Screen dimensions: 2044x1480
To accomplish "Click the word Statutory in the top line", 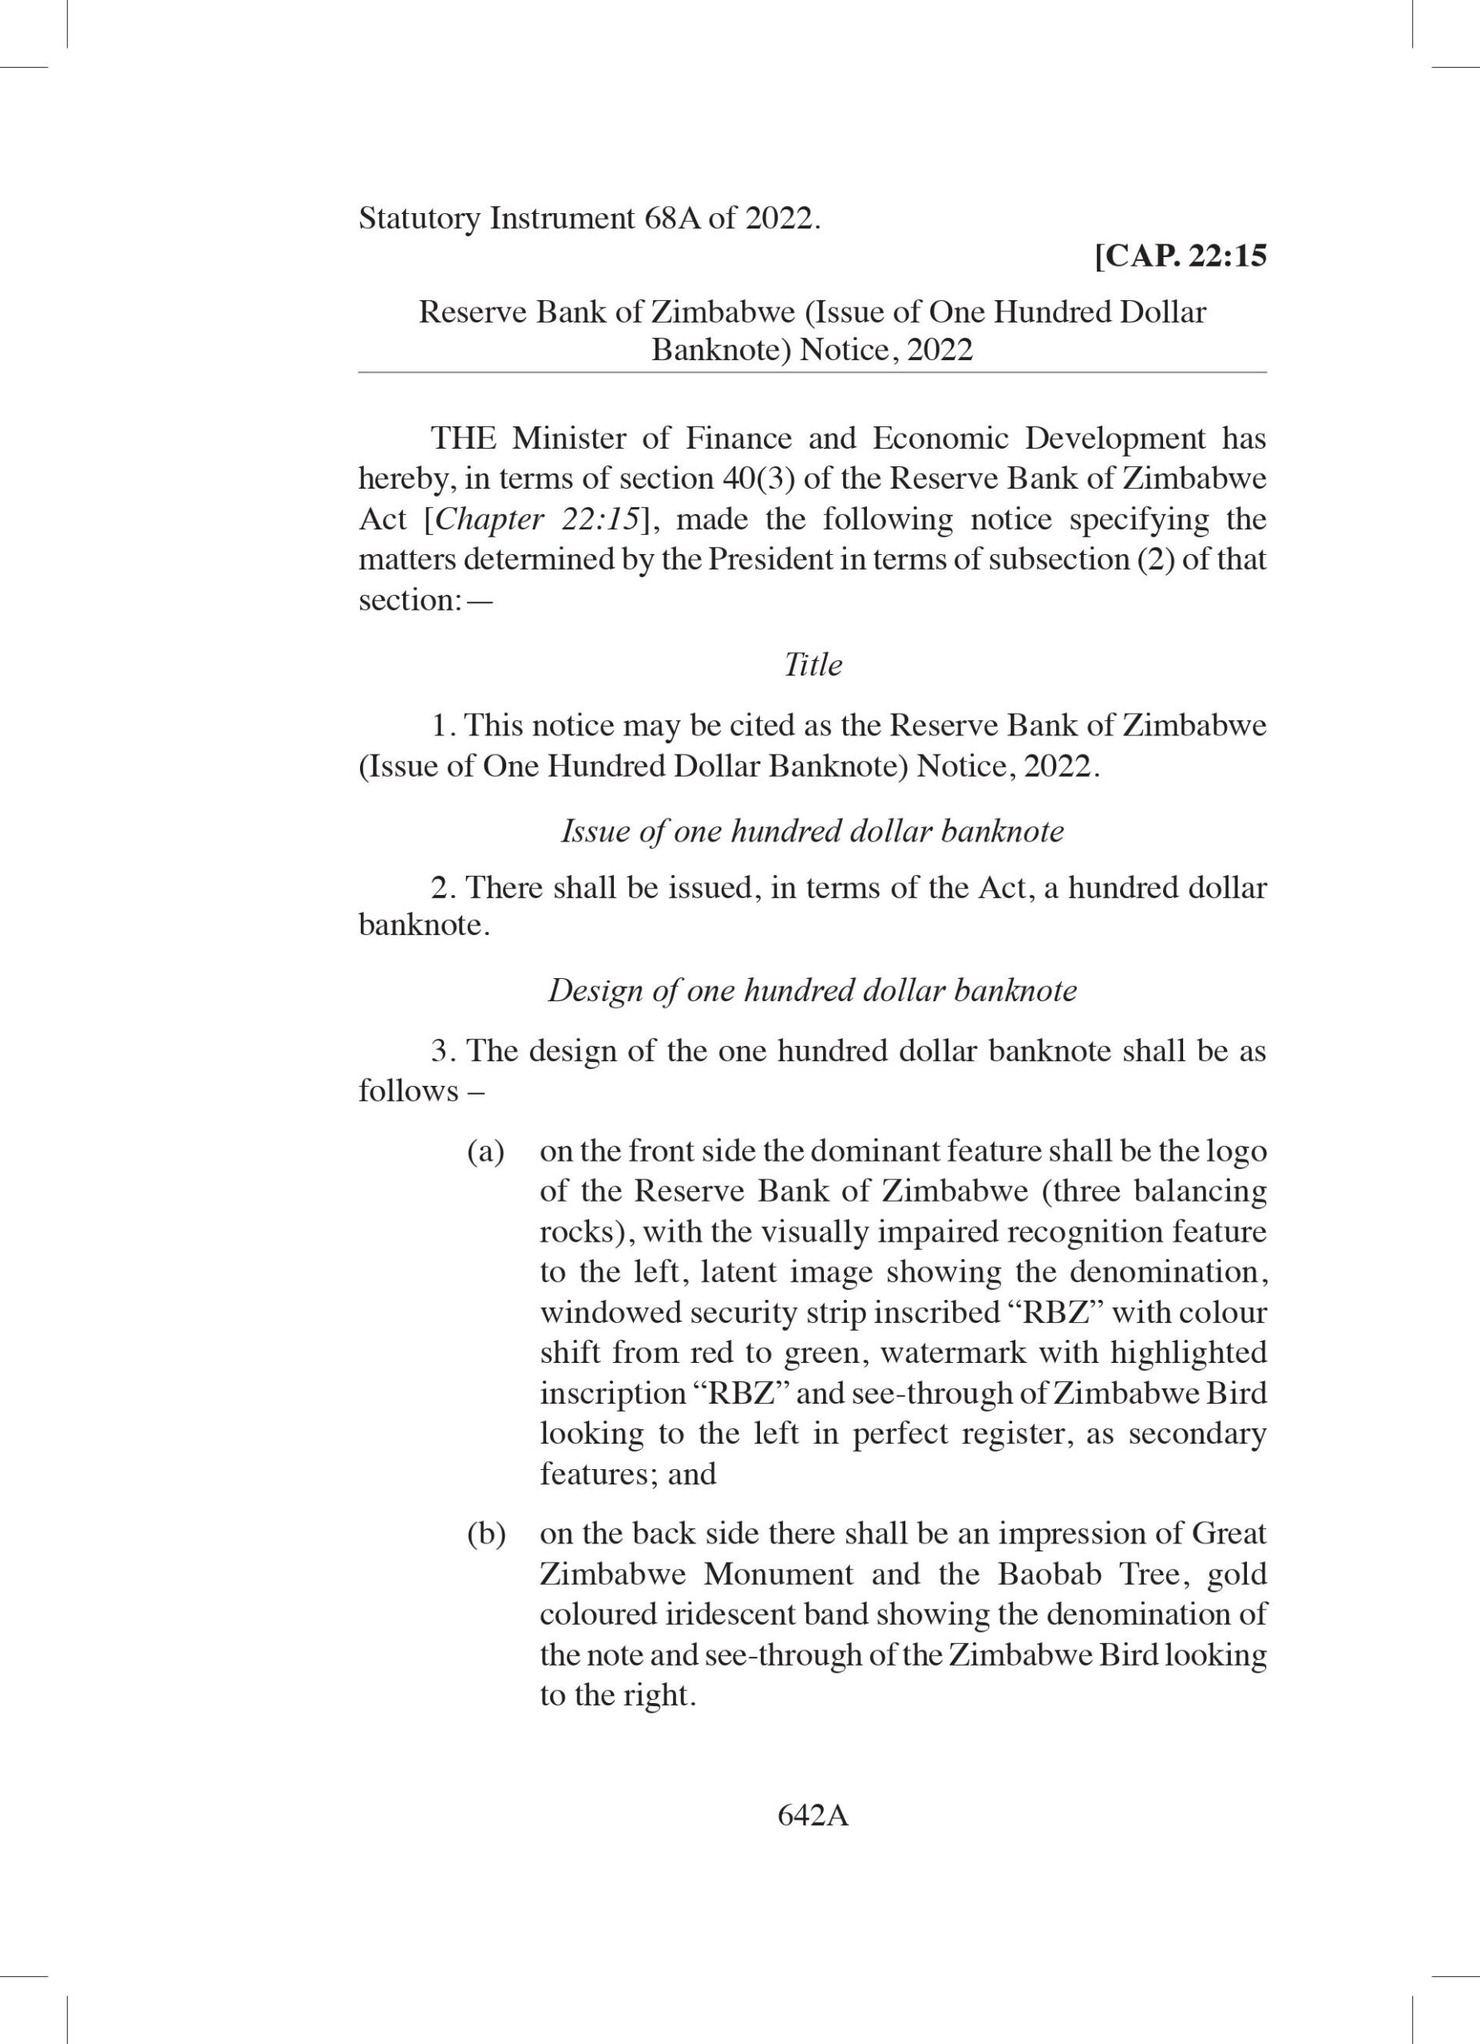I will click(x=419, y=219).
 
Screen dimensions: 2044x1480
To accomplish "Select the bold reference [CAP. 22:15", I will click(x=1180, y=257).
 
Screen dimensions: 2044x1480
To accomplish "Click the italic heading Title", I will click(x=813, y=665).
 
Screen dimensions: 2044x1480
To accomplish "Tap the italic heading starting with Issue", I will click(x=813, y=831).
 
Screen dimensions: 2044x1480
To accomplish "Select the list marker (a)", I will click(x=485, y=1152).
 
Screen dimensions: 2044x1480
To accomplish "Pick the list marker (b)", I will click(x=485, y=1534).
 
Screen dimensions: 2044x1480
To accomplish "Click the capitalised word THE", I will click(x=463, y=439).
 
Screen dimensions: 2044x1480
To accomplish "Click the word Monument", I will click(x=778, y=1575).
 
